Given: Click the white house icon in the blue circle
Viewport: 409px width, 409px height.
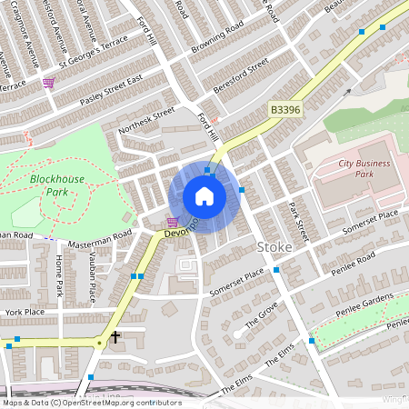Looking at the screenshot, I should (x=204, y=196).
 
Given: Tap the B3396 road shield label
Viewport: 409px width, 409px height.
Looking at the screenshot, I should (x=285, y=109).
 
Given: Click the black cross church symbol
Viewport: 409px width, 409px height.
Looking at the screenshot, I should (x=115, y=337).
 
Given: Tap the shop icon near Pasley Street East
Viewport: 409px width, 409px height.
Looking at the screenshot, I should (x=47, y=82).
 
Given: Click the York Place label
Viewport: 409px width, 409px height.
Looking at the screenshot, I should (x=25, y=312).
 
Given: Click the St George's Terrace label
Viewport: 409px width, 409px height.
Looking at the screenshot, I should (x=95, y=55).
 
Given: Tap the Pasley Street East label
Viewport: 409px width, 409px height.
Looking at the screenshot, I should (x=111, y=91).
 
